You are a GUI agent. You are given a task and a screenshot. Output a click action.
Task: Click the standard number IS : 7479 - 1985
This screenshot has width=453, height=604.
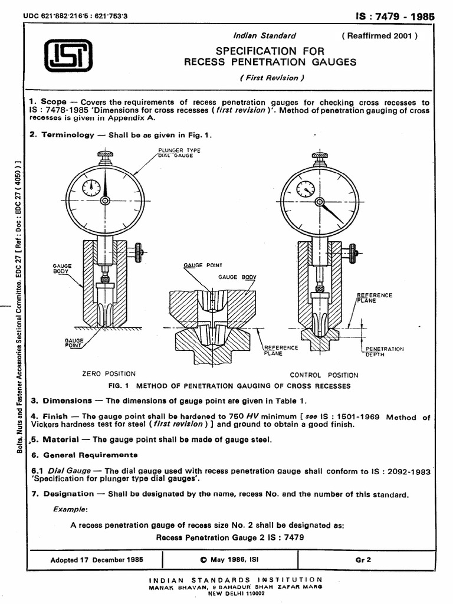(396, 17)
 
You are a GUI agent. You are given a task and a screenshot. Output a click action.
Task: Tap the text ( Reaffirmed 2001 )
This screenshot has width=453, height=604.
(379, 36)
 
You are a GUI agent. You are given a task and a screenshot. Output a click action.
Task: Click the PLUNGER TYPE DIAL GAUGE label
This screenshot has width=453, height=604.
(179, 153)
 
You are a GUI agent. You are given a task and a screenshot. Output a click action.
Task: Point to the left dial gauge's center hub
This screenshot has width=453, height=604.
(105, 201)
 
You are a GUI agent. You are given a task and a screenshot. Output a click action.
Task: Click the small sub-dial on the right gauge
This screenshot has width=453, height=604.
(306, 189)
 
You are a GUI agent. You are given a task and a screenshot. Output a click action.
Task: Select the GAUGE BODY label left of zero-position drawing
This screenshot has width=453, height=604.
(62, 269)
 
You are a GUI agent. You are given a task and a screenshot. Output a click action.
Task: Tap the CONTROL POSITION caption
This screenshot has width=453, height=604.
(323, 375)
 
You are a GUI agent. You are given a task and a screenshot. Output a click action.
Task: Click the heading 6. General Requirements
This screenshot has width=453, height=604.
(83, 455)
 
